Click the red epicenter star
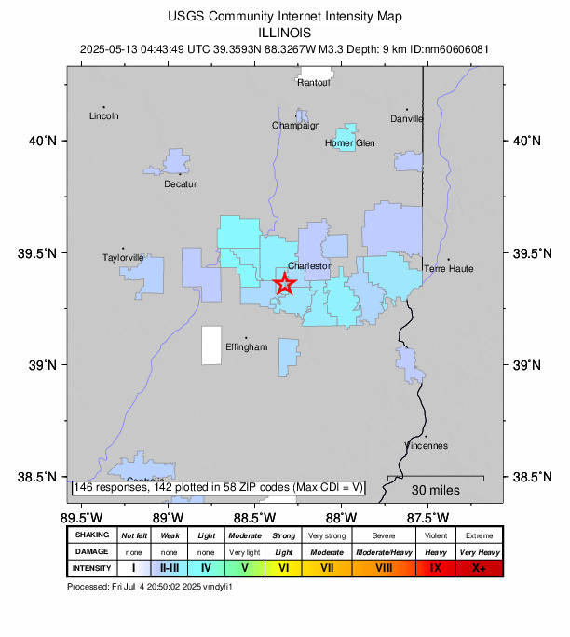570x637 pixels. click(285, 285)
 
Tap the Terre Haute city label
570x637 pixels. click(449, 268)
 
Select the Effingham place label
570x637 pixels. click(247, 346)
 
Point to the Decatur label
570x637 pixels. click(181, 183)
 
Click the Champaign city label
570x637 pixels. click(295, 125)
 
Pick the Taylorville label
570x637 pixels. click(124, 257)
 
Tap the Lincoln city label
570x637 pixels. click(103, 116)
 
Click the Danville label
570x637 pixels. click(407, 118)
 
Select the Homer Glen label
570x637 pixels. click(349, 142)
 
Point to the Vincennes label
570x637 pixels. click(426, 445)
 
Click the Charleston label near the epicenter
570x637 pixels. click(310, 265)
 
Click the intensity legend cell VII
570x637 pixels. click(327, 567)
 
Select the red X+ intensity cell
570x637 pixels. click(479, 567)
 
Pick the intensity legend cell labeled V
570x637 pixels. click(244, 567)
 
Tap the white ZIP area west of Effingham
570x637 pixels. click(212, 345)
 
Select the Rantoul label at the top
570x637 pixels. click(314, 82)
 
